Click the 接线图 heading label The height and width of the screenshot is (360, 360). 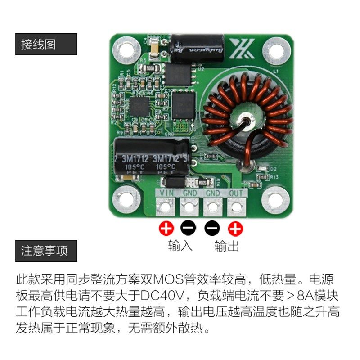point(38,45)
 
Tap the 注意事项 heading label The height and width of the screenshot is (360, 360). point(45,251)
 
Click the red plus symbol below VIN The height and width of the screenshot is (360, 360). point(166,229)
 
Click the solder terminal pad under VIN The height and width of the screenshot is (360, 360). point(166,207)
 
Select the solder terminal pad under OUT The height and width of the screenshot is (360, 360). point(235,207)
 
